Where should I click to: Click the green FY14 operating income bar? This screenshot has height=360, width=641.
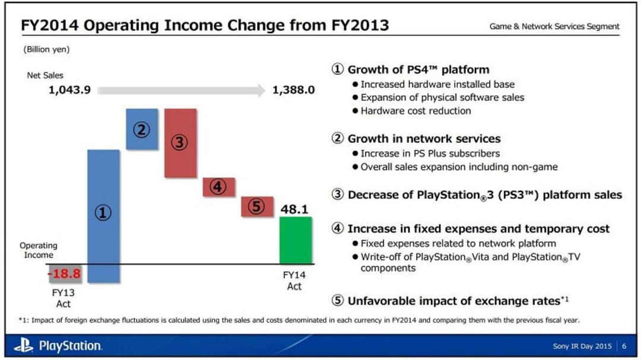tap(296, 240)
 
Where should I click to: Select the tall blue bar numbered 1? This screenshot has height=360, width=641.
tap(103, 216)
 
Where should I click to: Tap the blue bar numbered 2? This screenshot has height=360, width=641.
tap(142, 129)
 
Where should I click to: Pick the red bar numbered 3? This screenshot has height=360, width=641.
tap(180, 143)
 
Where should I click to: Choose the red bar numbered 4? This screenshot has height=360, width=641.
tap(218, 187)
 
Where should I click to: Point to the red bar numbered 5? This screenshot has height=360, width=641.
tap(257, 206)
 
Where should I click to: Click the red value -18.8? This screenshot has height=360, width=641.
tap(64, 273)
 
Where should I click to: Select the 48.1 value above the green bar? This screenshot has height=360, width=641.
tap(294, 209)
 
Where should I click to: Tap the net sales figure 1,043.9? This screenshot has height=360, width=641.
tap(69, 90)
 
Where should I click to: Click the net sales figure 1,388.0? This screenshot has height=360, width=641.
tap(294, 90)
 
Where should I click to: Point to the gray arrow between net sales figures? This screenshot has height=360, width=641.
tap(182, 90)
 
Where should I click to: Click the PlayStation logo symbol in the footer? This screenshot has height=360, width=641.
tap(24, 345)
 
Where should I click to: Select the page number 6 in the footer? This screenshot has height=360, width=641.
tap(624, 346)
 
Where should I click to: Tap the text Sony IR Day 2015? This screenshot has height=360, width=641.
tap(582, 346)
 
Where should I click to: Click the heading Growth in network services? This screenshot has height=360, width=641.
tap(424, 139)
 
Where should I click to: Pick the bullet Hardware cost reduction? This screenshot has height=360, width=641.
tap(415, 111)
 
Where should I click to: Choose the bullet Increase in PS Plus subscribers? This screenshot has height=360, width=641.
tap(430, 153)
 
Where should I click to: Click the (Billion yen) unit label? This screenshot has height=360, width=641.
tap(46, 49)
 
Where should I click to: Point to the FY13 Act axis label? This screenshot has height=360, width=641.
tap(64, 298)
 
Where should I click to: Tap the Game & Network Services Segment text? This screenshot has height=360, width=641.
tap(554, 27)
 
